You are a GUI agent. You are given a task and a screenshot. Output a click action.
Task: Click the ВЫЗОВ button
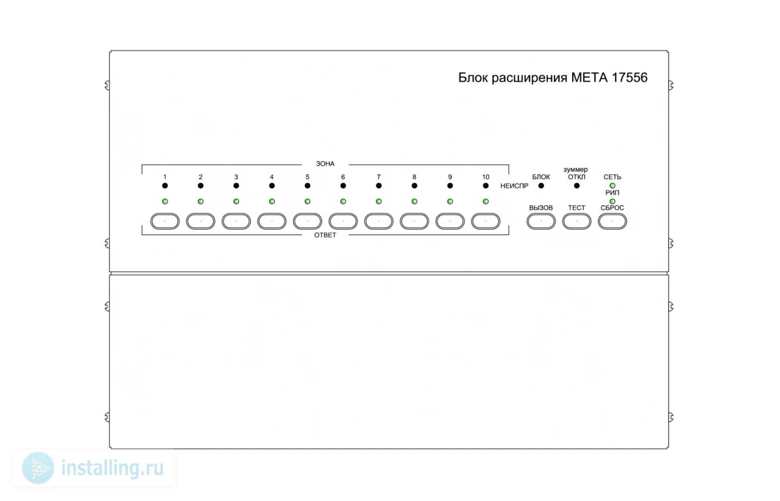pyautogui.click(x=541, y=222)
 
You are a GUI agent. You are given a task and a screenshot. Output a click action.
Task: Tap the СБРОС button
pyautogui.click(x=612, y=222)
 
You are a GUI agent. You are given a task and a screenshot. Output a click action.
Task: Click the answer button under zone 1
pyautogui.click(x=165, y=222)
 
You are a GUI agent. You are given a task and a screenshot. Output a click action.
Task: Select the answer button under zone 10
pyautogui.click(x=485, y=222)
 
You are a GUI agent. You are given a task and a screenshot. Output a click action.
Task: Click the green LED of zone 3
pyautogui.click(x=236, y=202)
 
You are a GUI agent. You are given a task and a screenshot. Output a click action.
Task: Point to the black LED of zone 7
pyautogui.click(x=378, y=186)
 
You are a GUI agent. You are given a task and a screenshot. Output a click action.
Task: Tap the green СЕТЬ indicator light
pyautogui.click(x=612, y=186)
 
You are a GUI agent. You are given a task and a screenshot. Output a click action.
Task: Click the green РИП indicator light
pyautogui.click(x=612, y=202)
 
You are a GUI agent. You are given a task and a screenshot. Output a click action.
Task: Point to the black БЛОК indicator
pyautogui.click(x=541, y=186)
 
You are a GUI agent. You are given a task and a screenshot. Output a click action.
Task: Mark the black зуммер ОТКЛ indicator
pyautogui.click(x=577, y=186)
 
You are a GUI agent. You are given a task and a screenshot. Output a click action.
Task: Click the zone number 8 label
pyautogui.click(x=414, y=177)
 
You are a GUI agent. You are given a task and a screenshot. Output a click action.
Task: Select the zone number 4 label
pyautogui.click(x=272, y=177)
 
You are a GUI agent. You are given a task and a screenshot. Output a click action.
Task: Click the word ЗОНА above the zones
pyautogui.click(x=325, y=164)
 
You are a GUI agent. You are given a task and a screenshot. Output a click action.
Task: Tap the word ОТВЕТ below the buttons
pyautogui.click(x=325, y=235)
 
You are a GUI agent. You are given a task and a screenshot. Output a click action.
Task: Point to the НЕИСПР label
pyautogui.click(x=514, y=186)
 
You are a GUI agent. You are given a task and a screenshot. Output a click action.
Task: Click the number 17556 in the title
pyautogui.click(x=629, y=77)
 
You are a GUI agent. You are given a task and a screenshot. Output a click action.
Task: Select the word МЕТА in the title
pyautogui.click(x=589, y=77)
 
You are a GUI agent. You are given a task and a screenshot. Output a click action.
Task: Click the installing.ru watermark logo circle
pyautogui.click(x=38, y=468)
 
